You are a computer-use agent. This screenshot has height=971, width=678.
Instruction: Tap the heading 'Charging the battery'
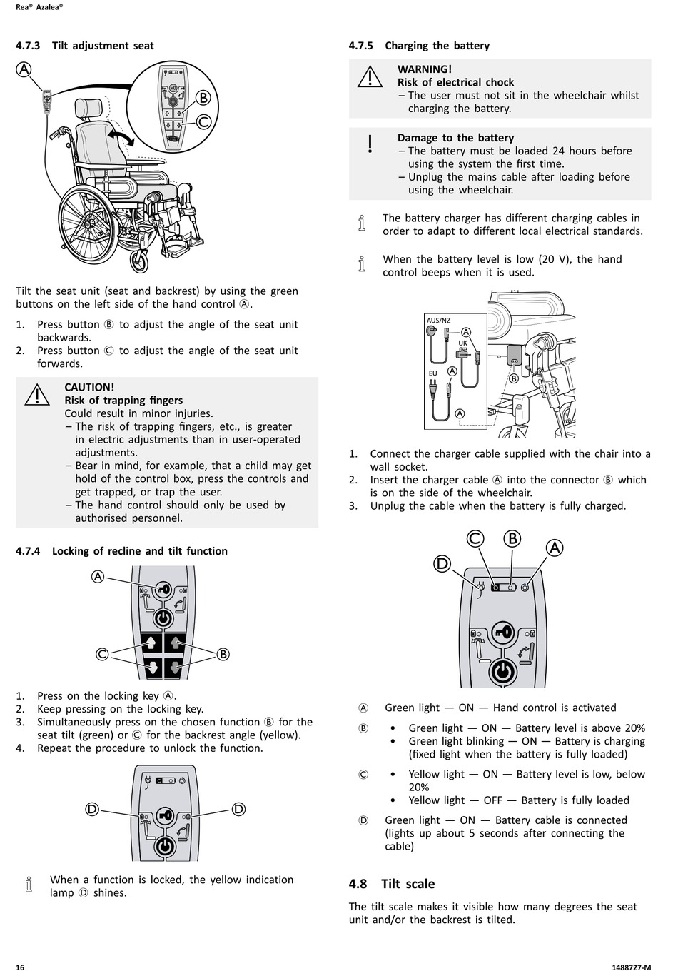click(x=437, y=46)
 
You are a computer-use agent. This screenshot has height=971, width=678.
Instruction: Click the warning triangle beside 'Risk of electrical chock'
click(x=370, y=76)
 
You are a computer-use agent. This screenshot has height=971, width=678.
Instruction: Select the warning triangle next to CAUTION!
click(x=36, y=394)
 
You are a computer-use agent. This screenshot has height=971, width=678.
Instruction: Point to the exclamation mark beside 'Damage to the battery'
click(x=370, y=144)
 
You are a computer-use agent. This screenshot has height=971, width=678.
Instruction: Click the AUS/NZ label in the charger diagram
click(x=438, y=321)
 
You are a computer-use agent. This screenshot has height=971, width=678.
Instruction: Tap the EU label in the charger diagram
click(x=432, y=373)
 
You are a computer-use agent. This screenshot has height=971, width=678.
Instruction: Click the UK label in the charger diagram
click(x=462, y=343)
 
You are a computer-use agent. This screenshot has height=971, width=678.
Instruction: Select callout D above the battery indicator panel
click(x=442, y=564)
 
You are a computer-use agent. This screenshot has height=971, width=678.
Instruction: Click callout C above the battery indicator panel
click(x=475, y=539)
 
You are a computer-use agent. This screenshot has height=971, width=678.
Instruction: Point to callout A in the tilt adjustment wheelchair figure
click(x=24, y=69)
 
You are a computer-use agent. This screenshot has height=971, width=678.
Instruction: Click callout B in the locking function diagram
click(x=222, y=654)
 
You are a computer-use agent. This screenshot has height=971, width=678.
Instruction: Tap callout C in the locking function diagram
click(x=103, y=654)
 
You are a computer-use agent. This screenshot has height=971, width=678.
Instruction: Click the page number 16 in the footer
click(x=20, y=967)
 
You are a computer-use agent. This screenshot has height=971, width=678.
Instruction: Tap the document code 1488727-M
click(x=631, y=967)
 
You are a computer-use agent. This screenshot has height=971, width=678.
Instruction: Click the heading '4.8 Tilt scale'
click(x=392, y=884)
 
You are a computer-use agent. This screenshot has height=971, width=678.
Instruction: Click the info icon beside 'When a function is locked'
click(x=29, y=885)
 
